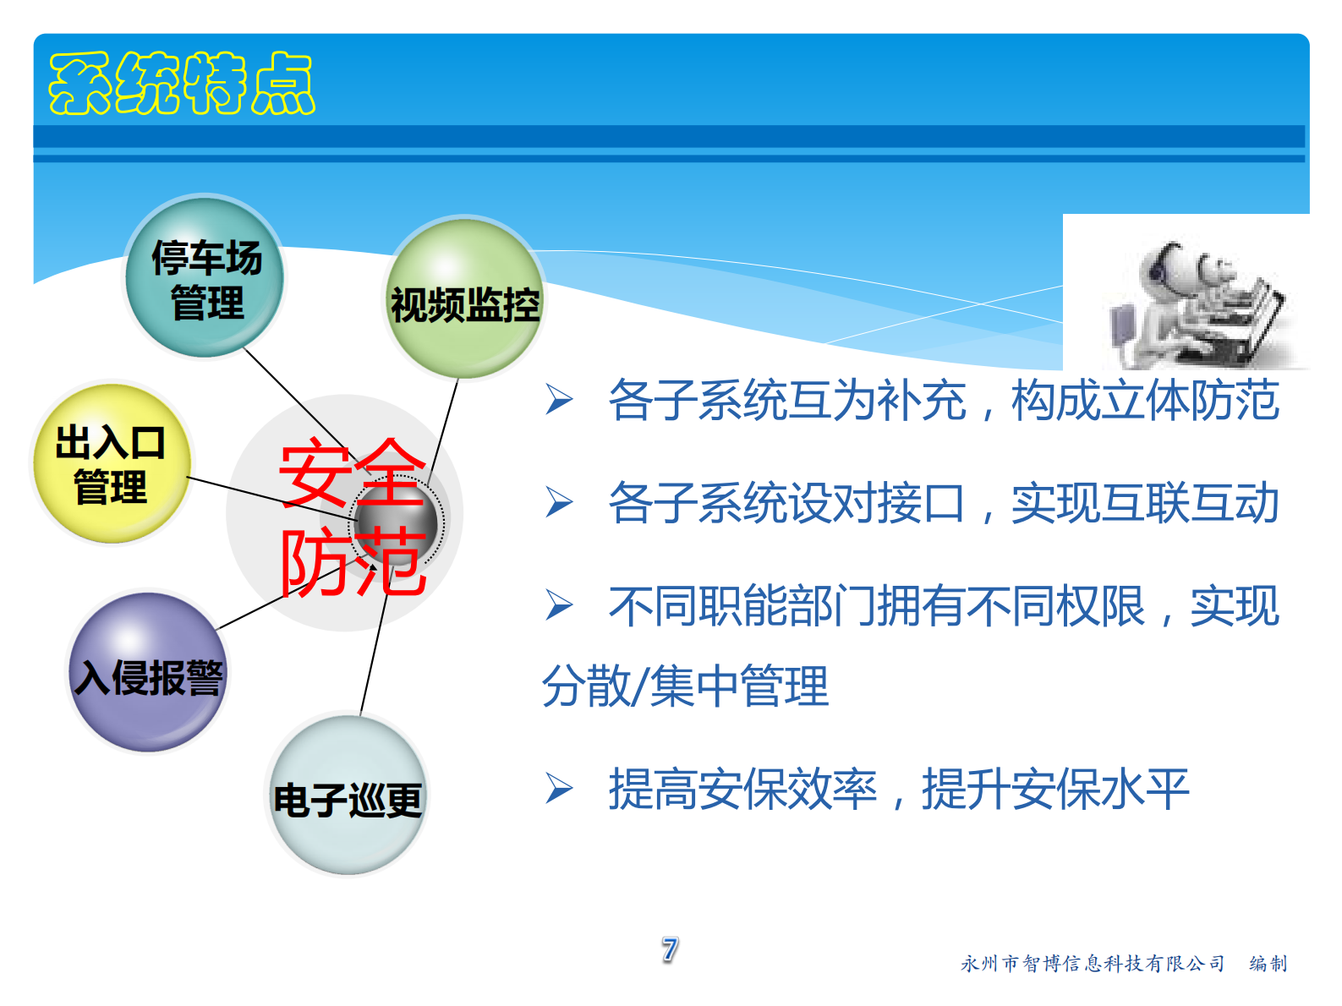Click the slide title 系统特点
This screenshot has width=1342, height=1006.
pos(182,83)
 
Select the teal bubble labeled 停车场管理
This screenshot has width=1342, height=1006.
pos(205,278)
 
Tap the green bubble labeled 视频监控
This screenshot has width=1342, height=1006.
pos(464,300)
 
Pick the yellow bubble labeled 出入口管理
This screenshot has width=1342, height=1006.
pos(111,463)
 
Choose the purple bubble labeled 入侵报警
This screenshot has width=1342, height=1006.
pos(148,674)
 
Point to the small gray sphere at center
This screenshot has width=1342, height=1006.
pos(395,522)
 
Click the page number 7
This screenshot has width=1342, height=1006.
pos(670,949)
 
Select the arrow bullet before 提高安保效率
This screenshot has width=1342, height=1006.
pos(559,789)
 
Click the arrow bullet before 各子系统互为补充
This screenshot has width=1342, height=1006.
pos(559,400)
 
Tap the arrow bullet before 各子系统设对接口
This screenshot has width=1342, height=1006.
pos(559,503)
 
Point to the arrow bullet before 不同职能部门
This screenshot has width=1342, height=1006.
pos(559,605)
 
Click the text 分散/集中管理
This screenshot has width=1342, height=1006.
pos(685,686)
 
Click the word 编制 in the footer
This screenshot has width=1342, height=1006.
pos(1268,964)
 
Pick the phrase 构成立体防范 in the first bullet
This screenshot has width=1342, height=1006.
pos(1145,400)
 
